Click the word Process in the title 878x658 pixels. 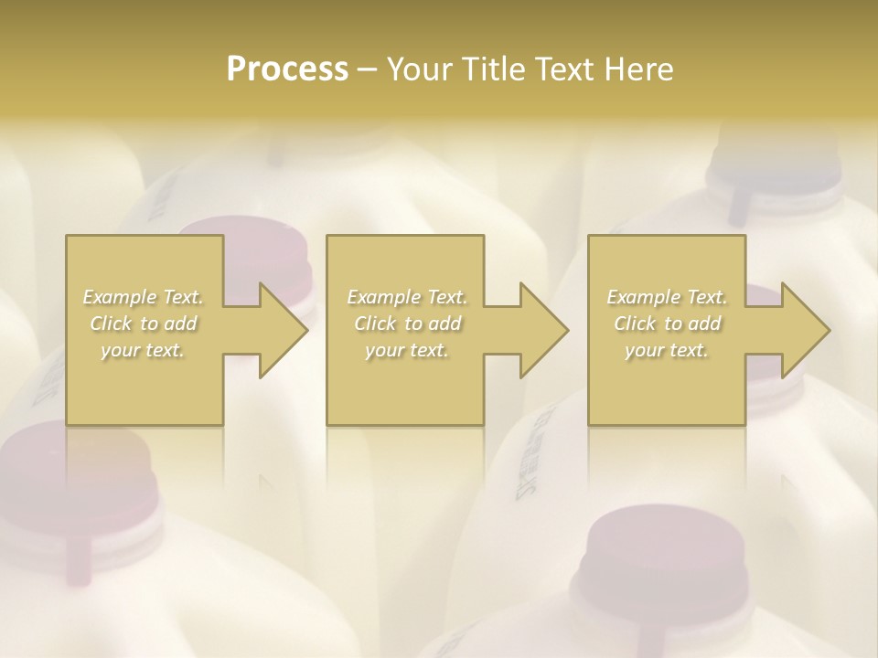coord(287,69)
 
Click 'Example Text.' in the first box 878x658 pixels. coord(143,297)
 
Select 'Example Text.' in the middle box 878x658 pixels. coord(406,297)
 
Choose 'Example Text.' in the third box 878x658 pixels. coord(667,297)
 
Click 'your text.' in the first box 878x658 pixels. coord(143,350)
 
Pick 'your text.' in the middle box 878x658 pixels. coord(406,350)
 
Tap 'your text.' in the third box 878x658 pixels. coord(667,350)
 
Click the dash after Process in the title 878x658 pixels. coord(368,70)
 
